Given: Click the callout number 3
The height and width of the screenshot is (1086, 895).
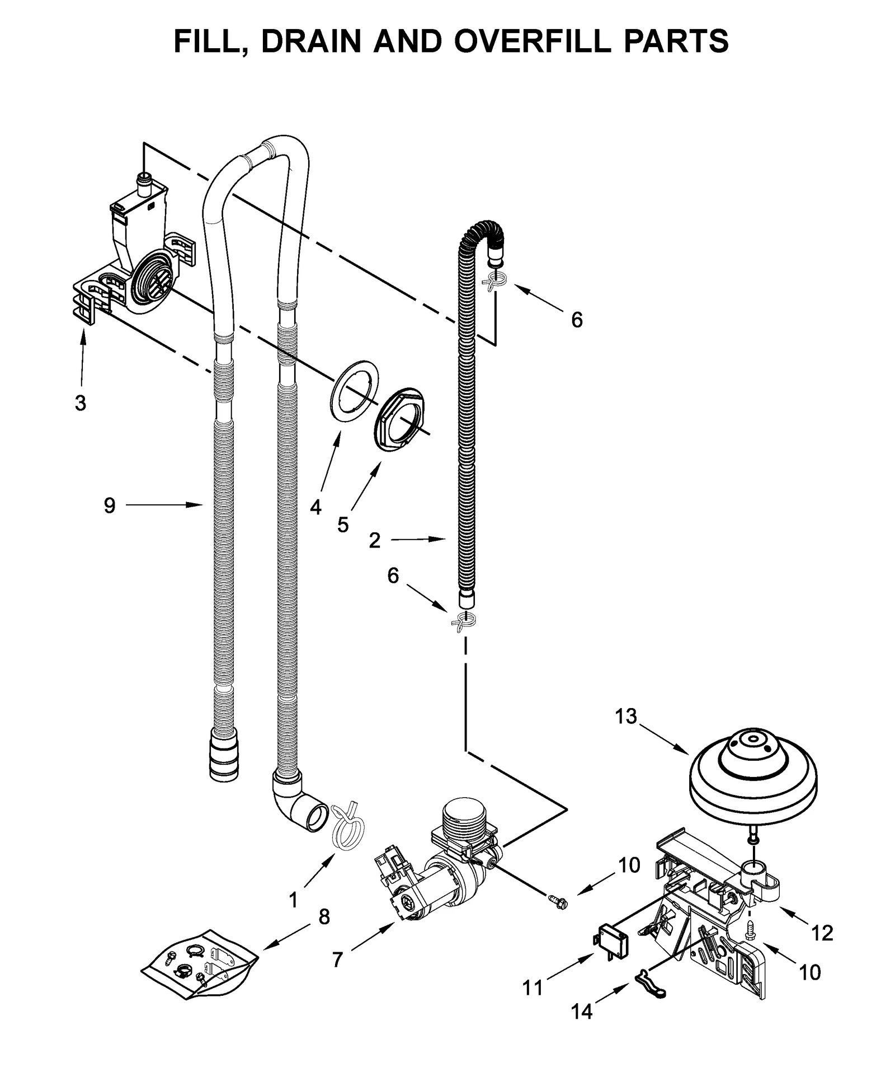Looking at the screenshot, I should pos(81,402).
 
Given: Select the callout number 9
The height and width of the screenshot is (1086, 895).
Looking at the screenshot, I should pos(110,505).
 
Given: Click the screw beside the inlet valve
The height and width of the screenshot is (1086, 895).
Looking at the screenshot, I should pos(557,900).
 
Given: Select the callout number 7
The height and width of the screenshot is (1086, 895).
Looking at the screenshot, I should pos(337,960).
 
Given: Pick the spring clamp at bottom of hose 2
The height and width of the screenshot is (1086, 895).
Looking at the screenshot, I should pos(463,621).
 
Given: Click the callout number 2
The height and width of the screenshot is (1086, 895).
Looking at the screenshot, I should pos(375,540).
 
